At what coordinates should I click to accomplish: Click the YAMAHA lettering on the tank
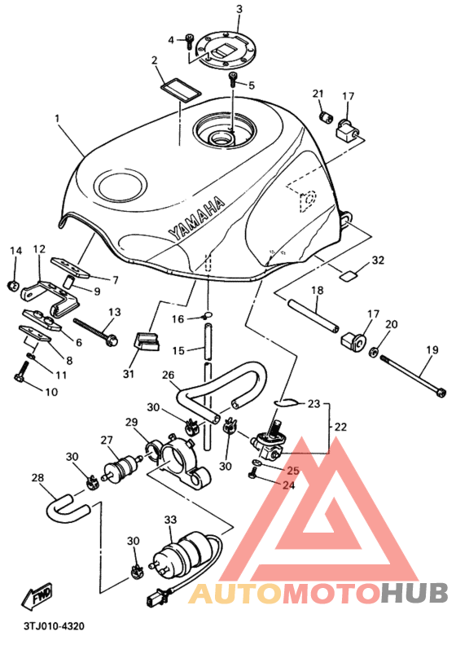[x=196, y=218]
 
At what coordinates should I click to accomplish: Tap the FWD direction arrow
[x=37, y=596]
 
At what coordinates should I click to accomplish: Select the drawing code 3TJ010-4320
[x=54, y=626]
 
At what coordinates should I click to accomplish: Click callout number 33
[x=170, y=520]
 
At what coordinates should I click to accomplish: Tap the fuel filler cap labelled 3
[x=226, y=49]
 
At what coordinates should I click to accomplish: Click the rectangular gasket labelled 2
[x=180, y=89]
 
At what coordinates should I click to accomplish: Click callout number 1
[x=57, y=118]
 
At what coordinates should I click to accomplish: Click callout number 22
[x=340, y=427]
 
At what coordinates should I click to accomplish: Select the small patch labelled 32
[x=349, y=274]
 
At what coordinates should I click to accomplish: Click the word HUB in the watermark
[x=414, y=593]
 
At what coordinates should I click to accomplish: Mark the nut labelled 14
[x=15, y=285]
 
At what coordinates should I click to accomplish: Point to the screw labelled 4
[x=190, y=42]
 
